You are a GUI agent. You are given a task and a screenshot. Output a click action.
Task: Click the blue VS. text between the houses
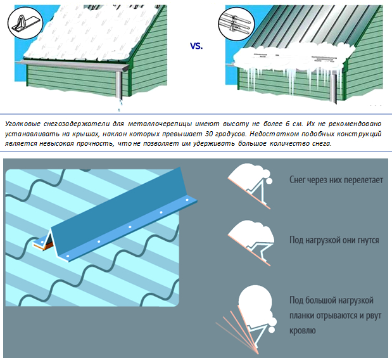(x=197, y=46)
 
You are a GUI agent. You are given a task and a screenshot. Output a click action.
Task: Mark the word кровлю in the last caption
(x=303, y=331)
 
